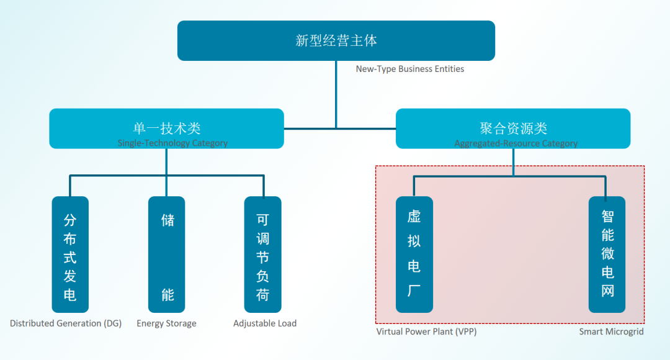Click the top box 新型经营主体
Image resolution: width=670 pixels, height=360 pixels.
pyautogui.click(x=336, y=41)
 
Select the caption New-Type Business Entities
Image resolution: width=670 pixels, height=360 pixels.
pyautogui.click(x=409, y=69)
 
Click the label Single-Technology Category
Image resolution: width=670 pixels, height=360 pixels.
pyautogui.click(x=172, y=143)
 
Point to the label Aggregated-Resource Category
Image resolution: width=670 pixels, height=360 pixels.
pyautogui.click(x=516, y=143)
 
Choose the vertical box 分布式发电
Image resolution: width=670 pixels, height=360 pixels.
pyautogui.click(x=70, y=254)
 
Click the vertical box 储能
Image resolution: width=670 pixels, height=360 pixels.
pyautogui.click(x=167, y=254)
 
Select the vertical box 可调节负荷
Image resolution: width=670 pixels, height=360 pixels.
pyautogui.click(x=262, y=254)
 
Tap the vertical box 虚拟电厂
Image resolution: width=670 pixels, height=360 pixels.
pyautogui.click(x=414, y=254)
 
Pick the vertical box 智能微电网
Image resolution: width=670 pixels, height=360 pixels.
pyautogui.click(x=607, y=254)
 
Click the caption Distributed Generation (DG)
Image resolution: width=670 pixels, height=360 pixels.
pyautogui.click(x=66, y=323)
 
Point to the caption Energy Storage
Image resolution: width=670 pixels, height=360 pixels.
pyautogui.click(x=166, y=323)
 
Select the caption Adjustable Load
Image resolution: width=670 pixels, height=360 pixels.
pyautogui.click(x=265, y=323)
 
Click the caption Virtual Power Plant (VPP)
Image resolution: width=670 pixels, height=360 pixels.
pyautogui.click(x=426, y=331)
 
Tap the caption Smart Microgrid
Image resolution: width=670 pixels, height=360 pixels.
pyautogui.click(x=611, y=331)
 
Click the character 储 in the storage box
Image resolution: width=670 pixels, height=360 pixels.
pyautogui.click(x=167, y=220)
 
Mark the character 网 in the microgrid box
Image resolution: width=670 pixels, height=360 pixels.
pyautogui.click(x=607, y=290)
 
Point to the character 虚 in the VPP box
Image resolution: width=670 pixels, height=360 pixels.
pyautogui.click(x=414, y=217)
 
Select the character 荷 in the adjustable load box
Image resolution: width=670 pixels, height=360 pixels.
pyautogui.click(x=263, y=295)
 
